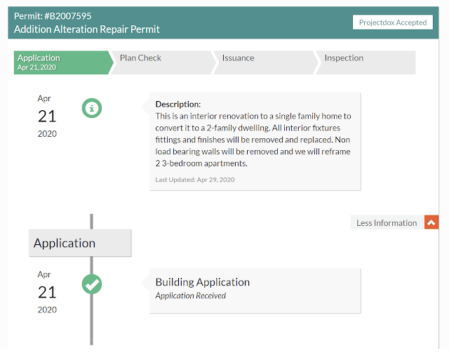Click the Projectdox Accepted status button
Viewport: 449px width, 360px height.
[x=393, y=22]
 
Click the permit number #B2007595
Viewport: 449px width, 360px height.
[x=68, y=16]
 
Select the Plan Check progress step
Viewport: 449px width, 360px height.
[x=163, y=62]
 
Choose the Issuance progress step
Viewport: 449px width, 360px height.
[x=265, y=62]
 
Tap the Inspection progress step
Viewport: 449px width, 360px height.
[x=366, y=62]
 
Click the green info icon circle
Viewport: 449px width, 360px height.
[x=92, y=108]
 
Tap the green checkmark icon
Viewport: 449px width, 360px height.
[x=92, y=284]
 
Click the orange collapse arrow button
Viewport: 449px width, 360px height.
[x=431, y=222]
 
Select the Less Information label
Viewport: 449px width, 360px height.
[x=387, y=223]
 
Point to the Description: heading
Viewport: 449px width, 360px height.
[x=178, y=105]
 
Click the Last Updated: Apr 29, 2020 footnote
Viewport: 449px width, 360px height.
[x=195, y=180]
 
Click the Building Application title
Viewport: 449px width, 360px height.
[x=203, y=282]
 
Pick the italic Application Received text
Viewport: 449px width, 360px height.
[x=191, y=295]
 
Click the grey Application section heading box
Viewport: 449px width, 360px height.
[x=80, y=243]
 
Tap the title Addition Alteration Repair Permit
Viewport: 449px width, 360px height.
[x=87, y=29]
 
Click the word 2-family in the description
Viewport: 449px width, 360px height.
[x=224, y=128]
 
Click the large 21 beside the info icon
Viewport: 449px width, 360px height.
[x=47, y=116]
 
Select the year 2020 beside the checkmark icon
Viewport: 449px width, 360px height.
[x=47, y=309]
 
